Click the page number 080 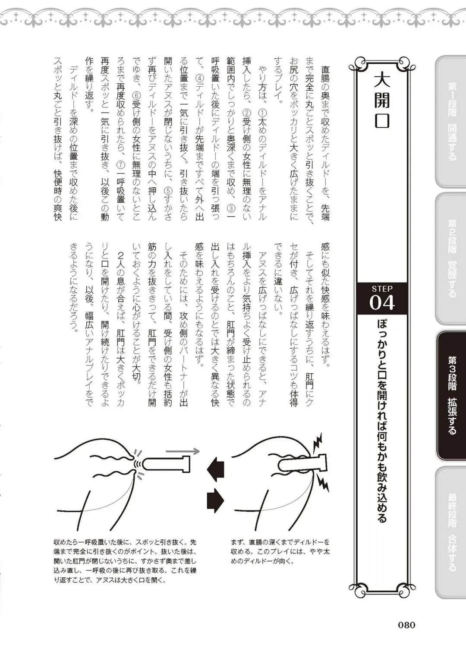(406, 625)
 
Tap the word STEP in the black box (382, 289)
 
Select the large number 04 (382, 303)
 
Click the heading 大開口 (382, 101)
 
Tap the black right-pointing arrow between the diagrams (216, 500)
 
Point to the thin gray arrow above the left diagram (183, 451)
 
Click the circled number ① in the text (262, 112)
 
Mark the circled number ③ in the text (231, 208)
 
